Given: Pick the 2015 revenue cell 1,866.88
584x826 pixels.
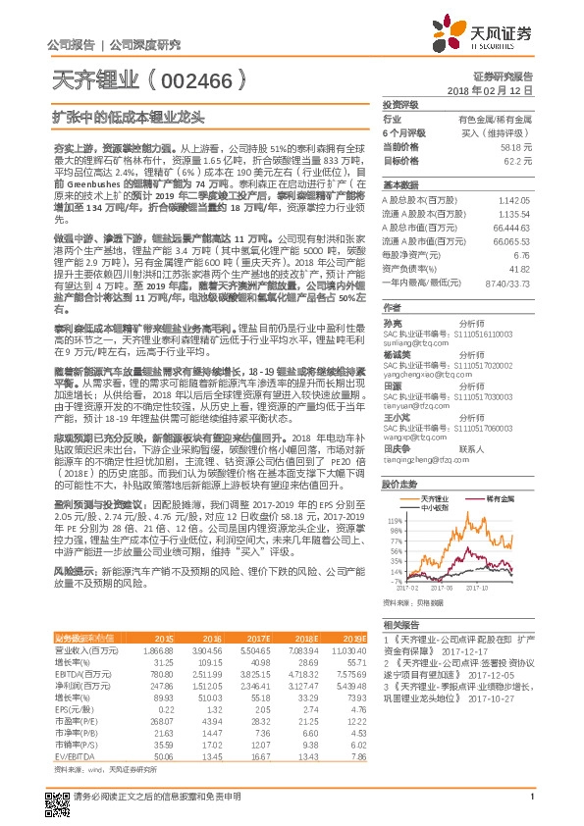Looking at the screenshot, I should point(159,649).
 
